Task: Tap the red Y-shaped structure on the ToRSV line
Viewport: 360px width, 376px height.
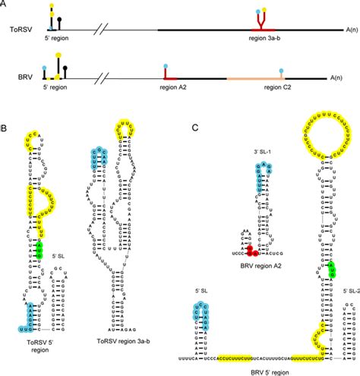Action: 265,23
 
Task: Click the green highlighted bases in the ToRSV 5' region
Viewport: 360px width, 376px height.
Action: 40,250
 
